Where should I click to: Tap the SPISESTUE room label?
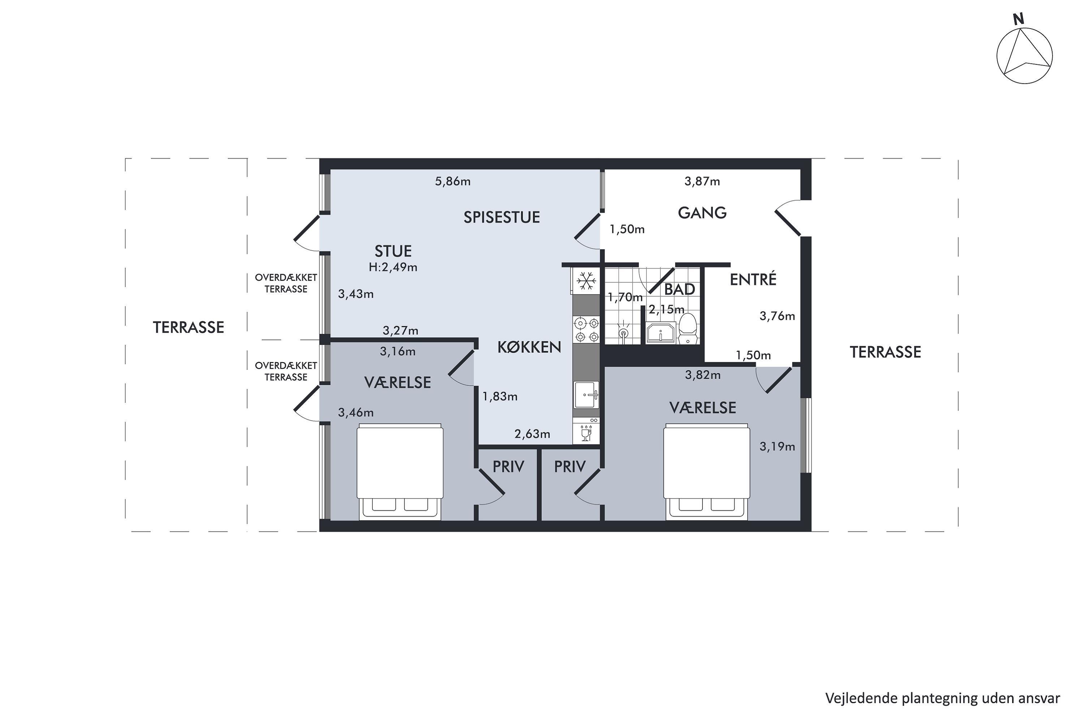(x=502, y=217)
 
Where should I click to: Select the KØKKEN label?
(x=529, y=347)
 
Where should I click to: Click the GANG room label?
(x=702, y=213)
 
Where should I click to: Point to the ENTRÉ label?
(x=753, y=279)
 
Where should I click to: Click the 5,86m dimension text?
(x=453, y=181)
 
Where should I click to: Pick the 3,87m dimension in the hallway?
(x=702, y=181)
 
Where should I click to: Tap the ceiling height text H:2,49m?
(x=393, y=267)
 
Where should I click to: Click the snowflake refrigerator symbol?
(x=586, y=281)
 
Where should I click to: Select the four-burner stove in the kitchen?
(x=586, y=329)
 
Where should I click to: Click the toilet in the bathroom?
(x=688, y=328)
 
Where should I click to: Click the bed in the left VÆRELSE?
(x=400, y=472)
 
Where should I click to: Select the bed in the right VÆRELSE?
(x=706, y=472)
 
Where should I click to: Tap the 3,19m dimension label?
(x=777, y=446)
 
